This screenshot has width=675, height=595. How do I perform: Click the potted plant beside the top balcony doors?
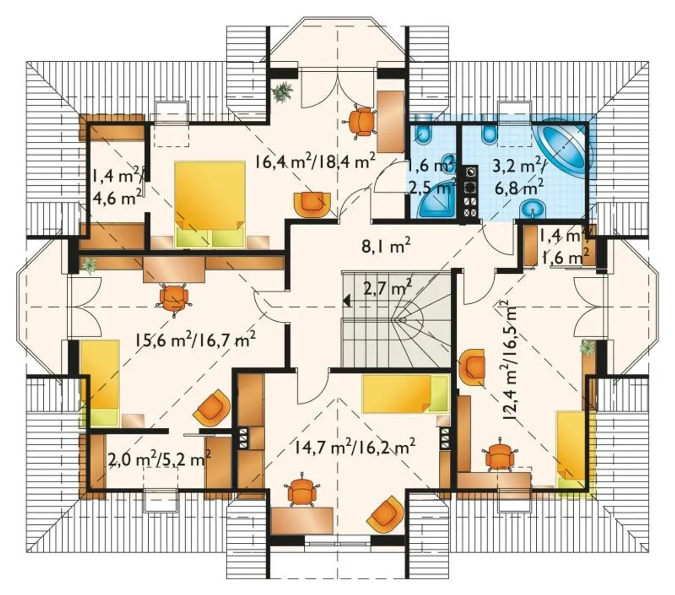pyautogui.click(x=283, y=91)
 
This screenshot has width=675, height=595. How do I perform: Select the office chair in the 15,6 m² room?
pyautogui.click(x=174, y=299)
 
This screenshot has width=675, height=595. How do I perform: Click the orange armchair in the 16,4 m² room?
pyautogui.click(x=313, y=205)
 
